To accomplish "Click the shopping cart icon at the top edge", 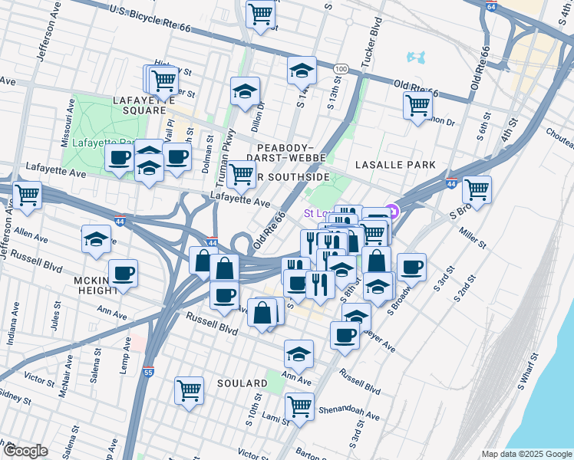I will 260,13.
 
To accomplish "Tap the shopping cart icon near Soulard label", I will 189,389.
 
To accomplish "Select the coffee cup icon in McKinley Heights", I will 123,273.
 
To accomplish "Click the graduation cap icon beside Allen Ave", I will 96,238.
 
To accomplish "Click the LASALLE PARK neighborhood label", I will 395,165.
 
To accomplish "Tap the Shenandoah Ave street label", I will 350,411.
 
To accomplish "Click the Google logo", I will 25,451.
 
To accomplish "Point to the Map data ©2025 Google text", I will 526,454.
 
